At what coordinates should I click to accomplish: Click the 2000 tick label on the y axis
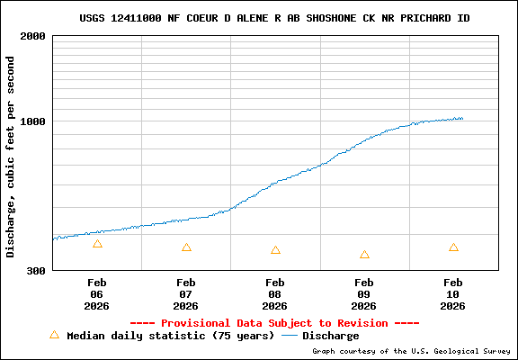point(33,36)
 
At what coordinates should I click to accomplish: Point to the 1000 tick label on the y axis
point(33,121)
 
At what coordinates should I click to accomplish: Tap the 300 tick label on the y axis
point(37,270)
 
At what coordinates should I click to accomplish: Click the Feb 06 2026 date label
point(97,293)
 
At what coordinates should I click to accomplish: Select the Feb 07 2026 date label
point(186,293)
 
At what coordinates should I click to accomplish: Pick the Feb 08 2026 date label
point(275,293)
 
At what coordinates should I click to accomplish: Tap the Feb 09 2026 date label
point(364,293)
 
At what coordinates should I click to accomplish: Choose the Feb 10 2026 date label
point(453,293)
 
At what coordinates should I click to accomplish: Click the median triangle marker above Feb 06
point(97,244)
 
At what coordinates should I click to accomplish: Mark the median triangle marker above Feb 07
point(186,247)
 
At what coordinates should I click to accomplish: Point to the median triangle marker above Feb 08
point(275,250)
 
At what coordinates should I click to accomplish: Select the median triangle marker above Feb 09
point(364,255)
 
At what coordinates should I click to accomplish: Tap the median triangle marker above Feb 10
point(453,247)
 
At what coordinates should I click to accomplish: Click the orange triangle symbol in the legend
point(54,335)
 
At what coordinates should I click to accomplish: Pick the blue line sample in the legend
point(290,336)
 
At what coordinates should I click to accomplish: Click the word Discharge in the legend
point(330,336)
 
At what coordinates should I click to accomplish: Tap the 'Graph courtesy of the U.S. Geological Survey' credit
point(411,352)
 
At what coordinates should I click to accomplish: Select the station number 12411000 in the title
point(139,18)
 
